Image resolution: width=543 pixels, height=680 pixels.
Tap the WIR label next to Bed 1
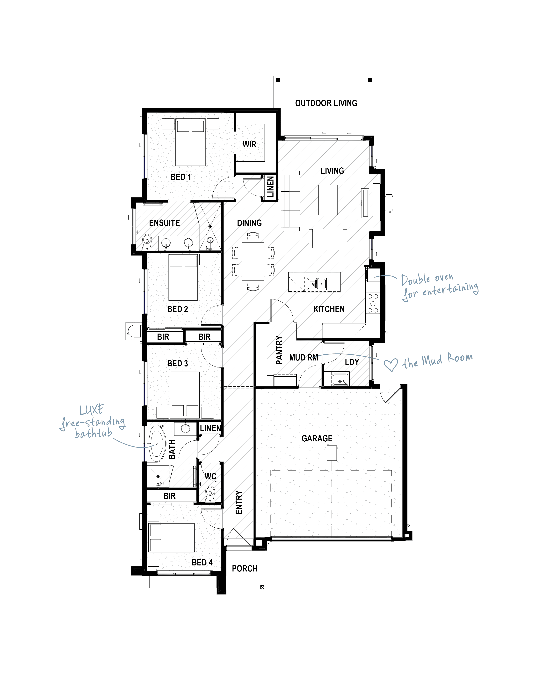(249, 144)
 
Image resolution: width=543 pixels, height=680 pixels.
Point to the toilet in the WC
(210, 495)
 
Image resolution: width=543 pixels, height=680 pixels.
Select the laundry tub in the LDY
(340, 379)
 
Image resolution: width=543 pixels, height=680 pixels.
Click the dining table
(253, 261)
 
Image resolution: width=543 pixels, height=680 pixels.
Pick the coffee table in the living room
(328, 200)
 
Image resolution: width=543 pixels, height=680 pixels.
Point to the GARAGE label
(317, 438)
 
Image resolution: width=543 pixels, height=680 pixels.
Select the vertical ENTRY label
(239, 502)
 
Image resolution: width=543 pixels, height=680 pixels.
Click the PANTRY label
(279, 350)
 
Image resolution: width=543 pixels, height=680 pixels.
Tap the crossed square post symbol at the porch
(262, 587)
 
